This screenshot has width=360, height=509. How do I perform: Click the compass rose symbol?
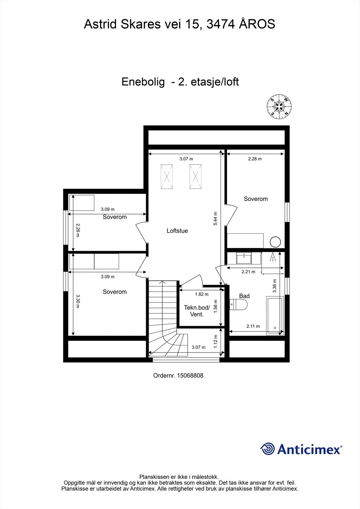tap(279, 107)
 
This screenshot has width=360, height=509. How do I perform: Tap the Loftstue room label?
tap(177, 231)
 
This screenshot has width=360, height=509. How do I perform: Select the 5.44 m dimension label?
tap(215, 219)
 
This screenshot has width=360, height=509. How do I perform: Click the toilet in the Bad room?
tap(238, 305)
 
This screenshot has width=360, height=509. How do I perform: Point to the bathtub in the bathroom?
tap(275, 315)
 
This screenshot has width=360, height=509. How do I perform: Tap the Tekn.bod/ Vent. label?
tap(197, 311)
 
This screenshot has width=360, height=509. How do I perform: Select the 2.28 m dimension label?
tap(255, 159)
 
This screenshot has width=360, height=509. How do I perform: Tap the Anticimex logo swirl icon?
tap(268, 449)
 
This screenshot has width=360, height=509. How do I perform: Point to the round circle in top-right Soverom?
tap(275, 242)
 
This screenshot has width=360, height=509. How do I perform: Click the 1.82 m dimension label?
tap(201, 294)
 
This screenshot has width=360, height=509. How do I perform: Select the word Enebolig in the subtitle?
tap(143, 82)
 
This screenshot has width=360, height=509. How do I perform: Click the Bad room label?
tap(244, 296)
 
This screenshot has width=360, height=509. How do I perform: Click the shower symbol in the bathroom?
tap(272, 257)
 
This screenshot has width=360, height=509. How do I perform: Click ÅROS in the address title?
tap(257, 24)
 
